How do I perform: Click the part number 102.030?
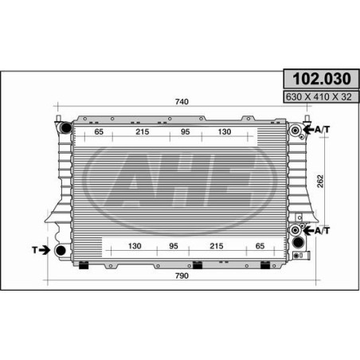pyautogui.click(x=322, y=79)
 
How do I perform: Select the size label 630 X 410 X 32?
pyautogui.click(x=319, y=97)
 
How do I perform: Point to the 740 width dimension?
pyautogui.click(x=182, y=102)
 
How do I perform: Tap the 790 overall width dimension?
pyautogui.click(x=182, y=276)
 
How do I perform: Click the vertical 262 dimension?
pyautogui.click(x=320, y=182)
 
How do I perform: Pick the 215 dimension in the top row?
pyautogui.click(x=143, y=131)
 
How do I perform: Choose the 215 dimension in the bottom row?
pyautogui.click(x=217, y=246)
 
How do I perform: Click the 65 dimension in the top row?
pyautogui.click(x=99, y=131)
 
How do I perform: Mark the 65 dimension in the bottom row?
pyautogui.click(x=260, y=246)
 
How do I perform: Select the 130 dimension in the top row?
pyautogui.click(x=225, y=131)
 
